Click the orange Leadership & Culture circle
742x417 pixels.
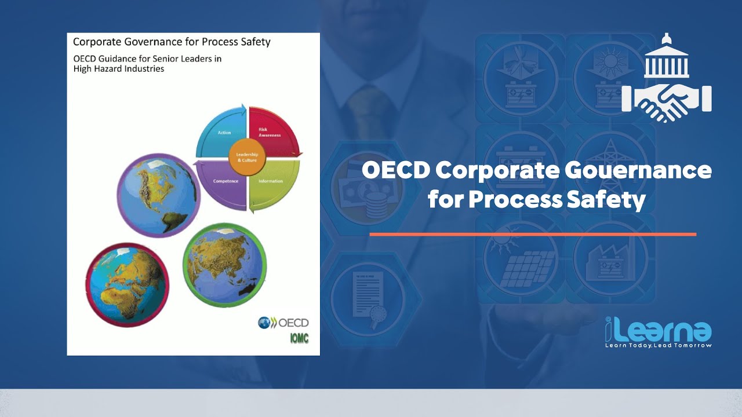pyautogui.click(x=247, y=156)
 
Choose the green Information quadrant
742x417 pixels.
pyautogui.click(x=272, y=183)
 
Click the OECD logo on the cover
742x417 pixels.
pyautogui.click(x=283, y=323)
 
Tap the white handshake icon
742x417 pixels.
pyautogui.click(x=667, y=100)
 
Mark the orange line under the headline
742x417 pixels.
pyautogui.click(x=533, y=234)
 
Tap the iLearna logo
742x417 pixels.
pyautogui.click(x=659, y=330)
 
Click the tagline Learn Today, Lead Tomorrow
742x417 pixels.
pyautogui.click(x=659, y=345)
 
